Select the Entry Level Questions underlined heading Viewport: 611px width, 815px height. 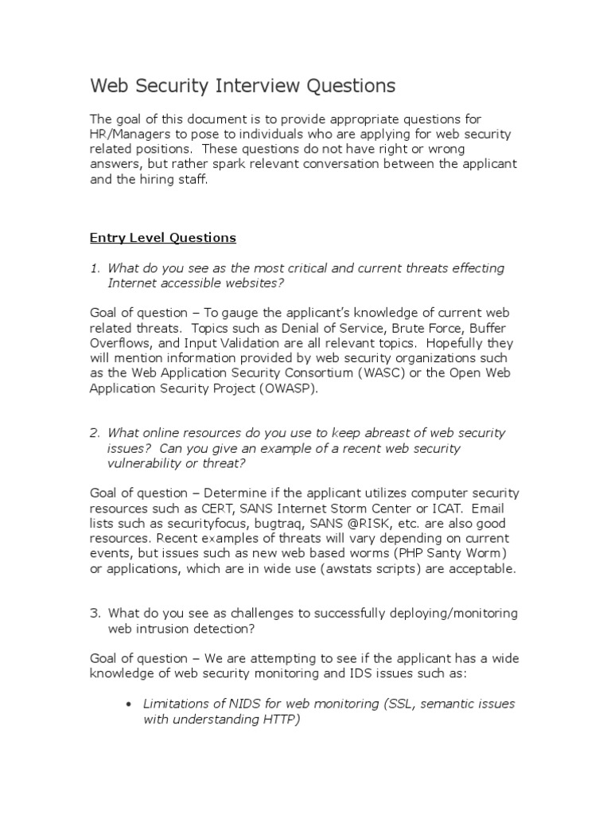click(x=162, y=237)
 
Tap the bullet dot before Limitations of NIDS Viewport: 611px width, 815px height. click(x=129, y=704)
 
